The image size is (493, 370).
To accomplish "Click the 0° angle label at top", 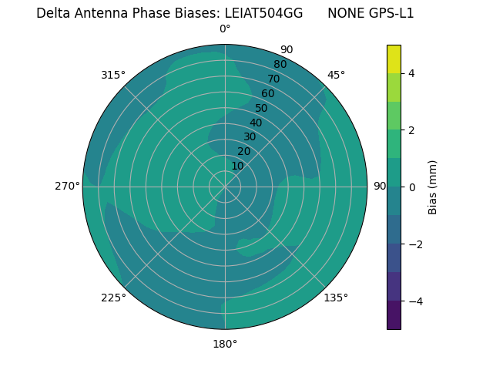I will point(225,29).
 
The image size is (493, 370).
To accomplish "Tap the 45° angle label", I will point(336,75).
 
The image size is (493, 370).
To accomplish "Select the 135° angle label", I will point(336,298).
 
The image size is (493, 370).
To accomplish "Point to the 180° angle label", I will point(225,344).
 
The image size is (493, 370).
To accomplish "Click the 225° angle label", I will point(113,298).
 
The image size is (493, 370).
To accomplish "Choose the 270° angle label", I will point(67,186).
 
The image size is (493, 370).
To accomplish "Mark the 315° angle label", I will point(113,75).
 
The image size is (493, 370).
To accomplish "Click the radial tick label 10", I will point(237,166).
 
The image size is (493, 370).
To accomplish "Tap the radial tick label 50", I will point(261,109).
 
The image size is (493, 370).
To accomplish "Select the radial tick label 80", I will point(280,65).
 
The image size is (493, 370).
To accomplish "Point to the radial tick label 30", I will point(250,137).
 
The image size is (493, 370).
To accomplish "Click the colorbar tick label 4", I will point(411,73).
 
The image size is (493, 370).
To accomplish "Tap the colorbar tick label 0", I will point(411,187).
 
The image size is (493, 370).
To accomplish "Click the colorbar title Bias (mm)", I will point(433,187).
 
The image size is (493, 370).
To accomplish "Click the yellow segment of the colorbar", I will point(394,59).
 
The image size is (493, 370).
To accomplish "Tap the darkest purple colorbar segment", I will point(394,315).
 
